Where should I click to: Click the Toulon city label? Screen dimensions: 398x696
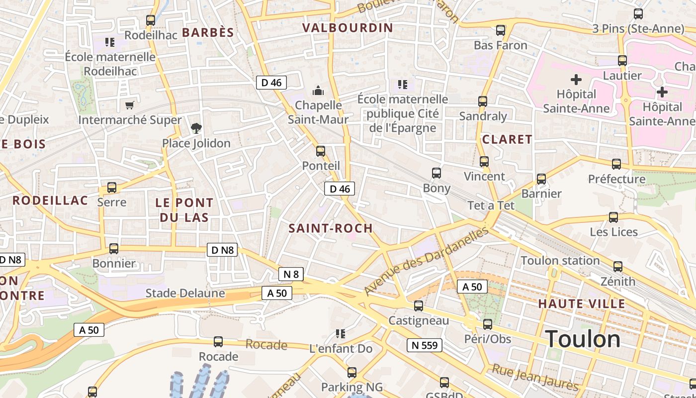tap(583, 339)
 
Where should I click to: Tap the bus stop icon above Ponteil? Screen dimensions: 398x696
tap(321, 151)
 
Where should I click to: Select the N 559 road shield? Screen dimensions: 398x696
tap(424, 345)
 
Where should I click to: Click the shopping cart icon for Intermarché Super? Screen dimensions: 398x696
tap(130, 105)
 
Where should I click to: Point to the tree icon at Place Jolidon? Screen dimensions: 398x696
tap(196, 129)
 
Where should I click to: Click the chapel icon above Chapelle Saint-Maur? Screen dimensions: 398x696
tap(318, 91)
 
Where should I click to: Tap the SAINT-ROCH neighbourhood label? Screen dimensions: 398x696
tap(331, 228)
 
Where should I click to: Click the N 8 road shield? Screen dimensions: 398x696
tap(291, 274)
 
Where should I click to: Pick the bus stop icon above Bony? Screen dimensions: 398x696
tap(436, 173)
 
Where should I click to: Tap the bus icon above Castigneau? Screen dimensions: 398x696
tap(419, 305)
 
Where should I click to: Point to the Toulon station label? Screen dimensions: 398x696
tap(560, 261)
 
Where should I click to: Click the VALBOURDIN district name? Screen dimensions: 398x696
tap(348, 28)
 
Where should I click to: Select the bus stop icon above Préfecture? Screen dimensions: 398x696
tap(616, 164)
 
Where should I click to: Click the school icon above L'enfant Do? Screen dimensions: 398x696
tap(341, 334)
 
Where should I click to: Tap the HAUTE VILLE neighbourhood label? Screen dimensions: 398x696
tap(582, 303)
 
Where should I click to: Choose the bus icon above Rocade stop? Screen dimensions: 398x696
tap(218, 342)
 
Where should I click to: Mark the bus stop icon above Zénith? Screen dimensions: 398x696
tap(617, 267)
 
